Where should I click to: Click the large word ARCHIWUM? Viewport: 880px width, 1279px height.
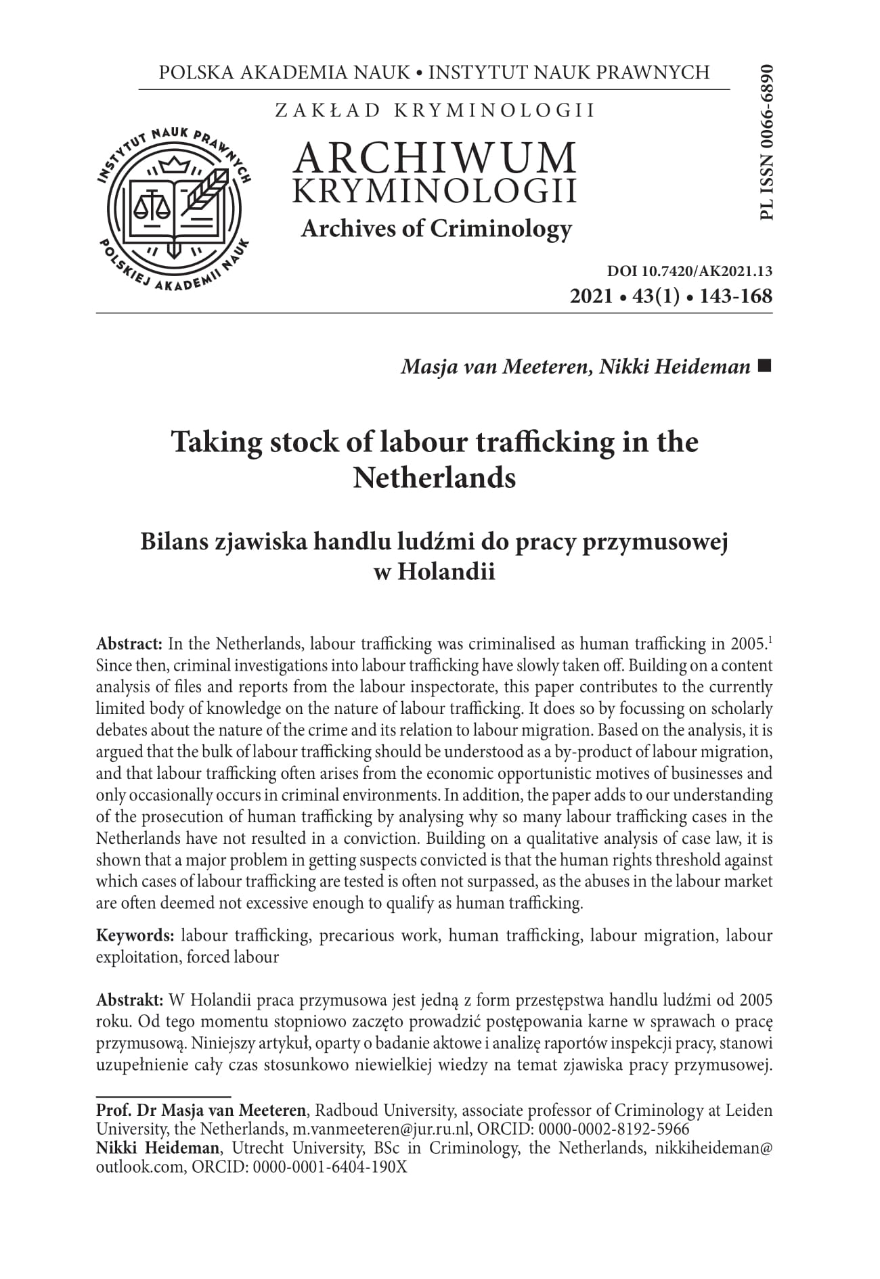click(435, 157)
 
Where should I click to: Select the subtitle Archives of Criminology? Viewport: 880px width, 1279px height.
click(436, 229)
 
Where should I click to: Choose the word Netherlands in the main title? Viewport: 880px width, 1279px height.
click(434, 478)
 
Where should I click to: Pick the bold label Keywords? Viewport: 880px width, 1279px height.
click(135, 936)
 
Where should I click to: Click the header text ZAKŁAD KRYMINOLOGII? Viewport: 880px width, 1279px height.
click(435, 110)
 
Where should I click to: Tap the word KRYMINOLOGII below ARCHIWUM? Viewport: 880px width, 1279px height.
click(435, 192)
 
